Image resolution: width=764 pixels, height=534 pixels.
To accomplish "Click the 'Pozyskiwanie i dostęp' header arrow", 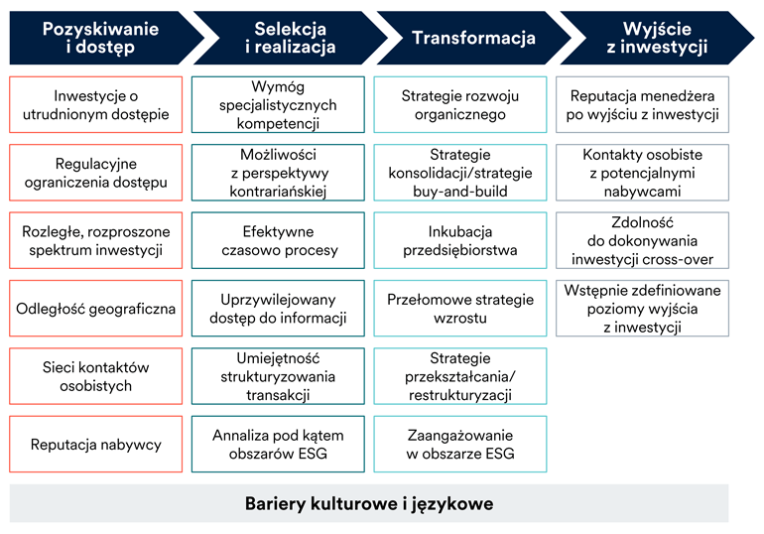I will [x=99, y=38].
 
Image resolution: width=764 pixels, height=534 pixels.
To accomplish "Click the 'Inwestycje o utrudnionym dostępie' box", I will [x=95, y=105].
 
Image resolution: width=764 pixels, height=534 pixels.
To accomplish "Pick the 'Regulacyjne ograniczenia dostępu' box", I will [x=95, y=173].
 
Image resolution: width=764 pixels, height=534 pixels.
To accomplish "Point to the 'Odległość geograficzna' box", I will [x=95, y=309].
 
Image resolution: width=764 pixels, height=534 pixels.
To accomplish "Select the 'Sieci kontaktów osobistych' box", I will [x=95, y=376].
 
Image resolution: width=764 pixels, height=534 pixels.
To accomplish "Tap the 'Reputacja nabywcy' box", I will [x=95, y=444].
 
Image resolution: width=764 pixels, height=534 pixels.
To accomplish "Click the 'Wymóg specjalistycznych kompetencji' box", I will [x=278, y=105].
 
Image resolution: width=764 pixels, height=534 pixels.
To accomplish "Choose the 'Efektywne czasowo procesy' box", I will [x=278, y=240].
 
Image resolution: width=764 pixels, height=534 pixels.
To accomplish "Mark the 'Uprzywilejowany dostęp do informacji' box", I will [x=278, y=309].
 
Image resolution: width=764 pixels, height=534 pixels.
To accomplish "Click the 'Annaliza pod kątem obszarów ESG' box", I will [x=278, y=444].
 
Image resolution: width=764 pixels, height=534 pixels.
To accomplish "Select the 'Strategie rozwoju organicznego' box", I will [x=459, y=105].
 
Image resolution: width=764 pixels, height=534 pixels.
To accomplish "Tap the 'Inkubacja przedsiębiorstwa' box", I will [x=459, y=240].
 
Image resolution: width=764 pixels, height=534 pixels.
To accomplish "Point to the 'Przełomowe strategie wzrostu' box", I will [x=459, y=309].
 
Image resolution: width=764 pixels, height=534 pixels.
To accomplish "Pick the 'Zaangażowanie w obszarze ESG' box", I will [x=459, y=444].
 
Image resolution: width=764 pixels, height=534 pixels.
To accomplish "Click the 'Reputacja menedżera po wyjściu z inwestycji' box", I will [x=642, y=105].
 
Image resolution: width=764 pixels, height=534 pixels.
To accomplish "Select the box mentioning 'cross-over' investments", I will [x=642, y=240].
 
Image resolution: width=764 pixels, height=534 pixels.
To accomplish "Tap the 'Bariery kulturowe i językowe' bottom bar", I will [x=369, y=503].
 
